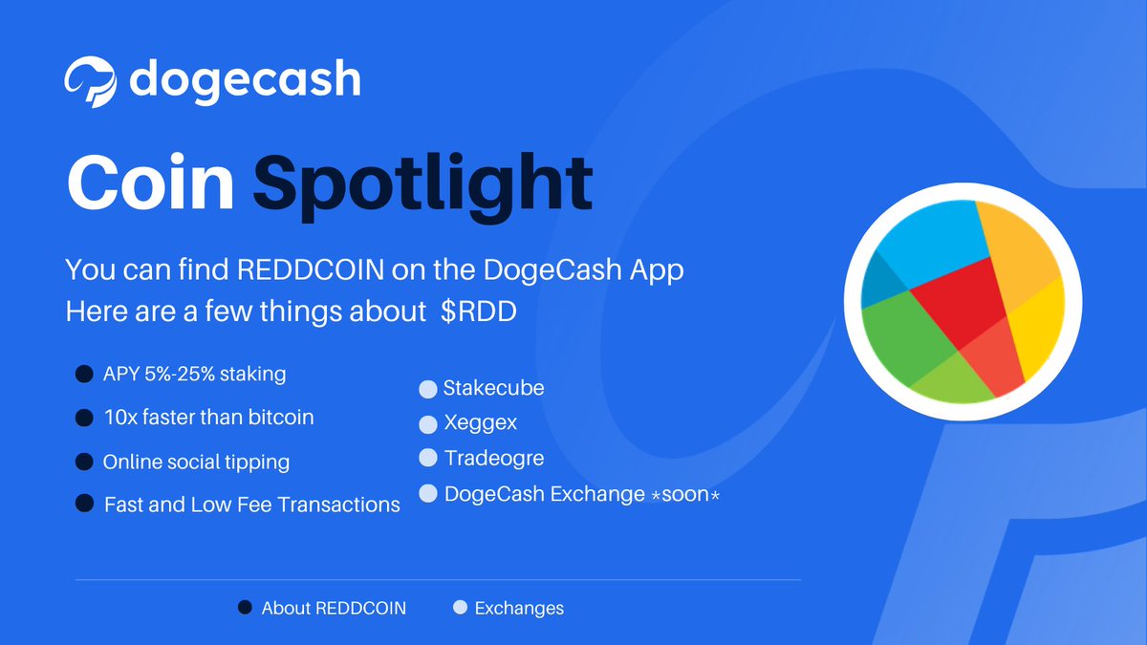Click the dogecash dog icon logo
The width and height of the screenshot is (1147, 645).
(92, 80)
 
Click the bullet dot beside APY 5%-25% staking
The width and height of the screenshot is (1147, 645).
(84, 375)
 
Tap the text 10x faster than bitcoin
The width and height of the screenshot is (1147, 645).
(208, 418)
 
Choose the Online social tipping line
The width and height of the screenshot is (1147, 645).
(196, 462)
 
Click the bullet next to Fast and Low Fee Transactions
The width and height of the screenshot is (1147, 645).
(84, 504)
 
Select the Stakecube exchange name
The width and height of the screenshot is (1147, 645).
(493, 388)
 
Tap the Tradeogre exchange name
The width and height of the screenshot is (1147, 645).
(494, 458)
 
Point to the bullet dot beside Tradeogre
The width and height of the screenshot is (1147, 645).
(427, 459)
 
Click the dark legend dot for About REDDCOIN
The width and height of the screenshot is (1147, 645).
(245, 608)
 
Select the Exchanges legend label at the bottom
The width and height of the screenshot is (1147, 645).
(519, 608)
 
